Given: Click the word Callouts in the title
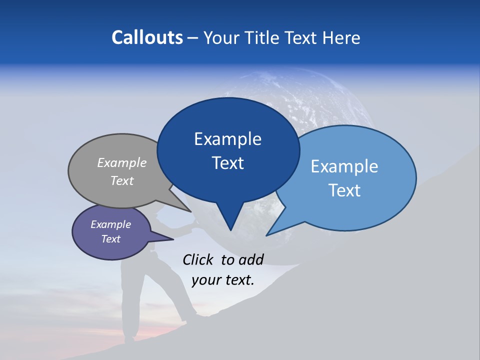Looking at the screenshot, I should (x=147, y=37).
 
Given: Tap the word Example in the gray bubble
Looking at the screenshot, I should (x=122, y=162).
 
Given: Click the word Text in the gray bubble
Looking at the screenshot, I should (x=122, y=180).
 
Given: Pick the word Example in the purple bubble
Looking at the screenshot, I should (x=110, y=224).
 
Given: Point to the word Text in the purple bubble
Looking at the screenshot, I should (x=110, y=239).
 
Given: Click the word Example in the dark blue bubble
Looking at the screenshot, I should (x=227, y=139).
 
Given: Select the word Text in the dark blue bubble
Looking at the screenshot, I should (x=227, y=163).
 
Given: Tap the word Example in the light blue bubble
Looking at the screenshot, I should (x=344, y=166).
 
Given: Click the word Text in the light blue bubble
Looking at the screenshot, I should (x=344, y=190).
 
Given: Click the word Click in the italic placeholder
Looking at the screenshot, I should (x=199, y=259).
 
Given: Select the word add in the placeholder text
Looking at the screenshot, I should (x=251, y=259).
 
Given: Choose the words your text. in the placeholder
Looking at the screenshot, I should (x=223, y=280).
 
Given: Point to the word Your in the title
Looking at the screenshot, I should (x=220, y=37).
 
